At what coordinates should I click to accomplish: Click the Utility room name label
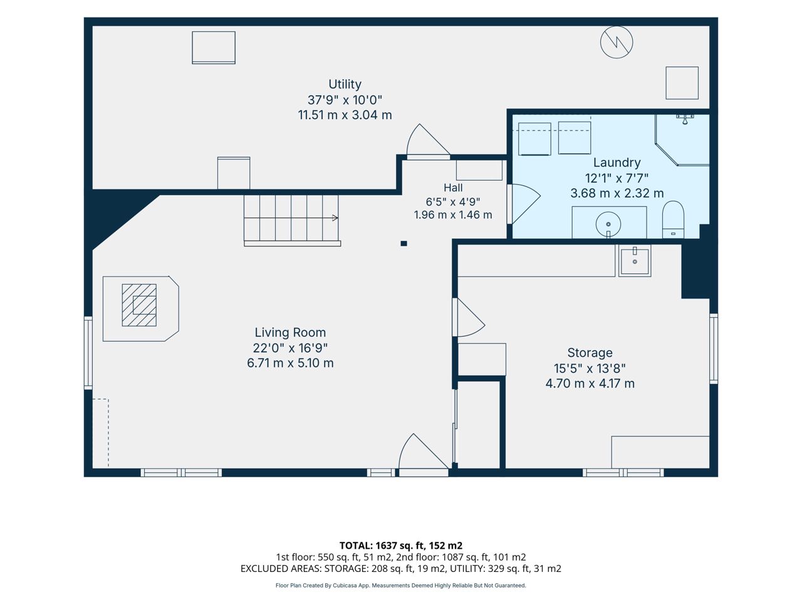coord(345,85)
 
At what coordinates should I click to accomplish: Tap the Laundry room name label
coord(617,162)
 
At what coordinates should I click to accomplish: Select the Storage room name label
coord(590,352)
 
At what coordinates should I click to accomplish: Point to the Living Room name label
coord(290,332)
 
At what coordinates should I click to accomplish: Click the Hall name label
coord(453,188)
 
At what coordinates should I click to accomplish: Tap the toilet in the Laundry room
coord(673,219)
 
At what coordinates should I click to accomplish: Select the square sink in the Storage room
coord(635,260)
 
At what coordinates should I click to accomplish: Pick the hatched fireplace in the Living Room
coord(139,305)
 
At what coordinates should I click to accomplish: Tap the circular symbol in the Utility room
coord(617,42)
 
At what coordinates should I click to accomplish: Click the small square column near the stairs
coord(404,243)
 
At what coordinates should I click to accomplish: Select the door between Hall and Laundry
coord(524,204)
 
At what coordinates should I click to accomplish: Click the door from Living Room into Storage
coord(469,317)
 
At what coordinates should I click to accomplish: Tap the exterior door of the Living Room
coord(423,455)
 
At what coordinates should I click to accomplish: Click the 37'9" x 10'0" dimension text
coord(345,100)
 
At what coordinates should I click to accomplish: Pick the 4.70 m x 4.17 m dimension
coord(590,383)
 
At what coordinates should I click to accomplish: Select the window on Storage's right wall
coord(713,349)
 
